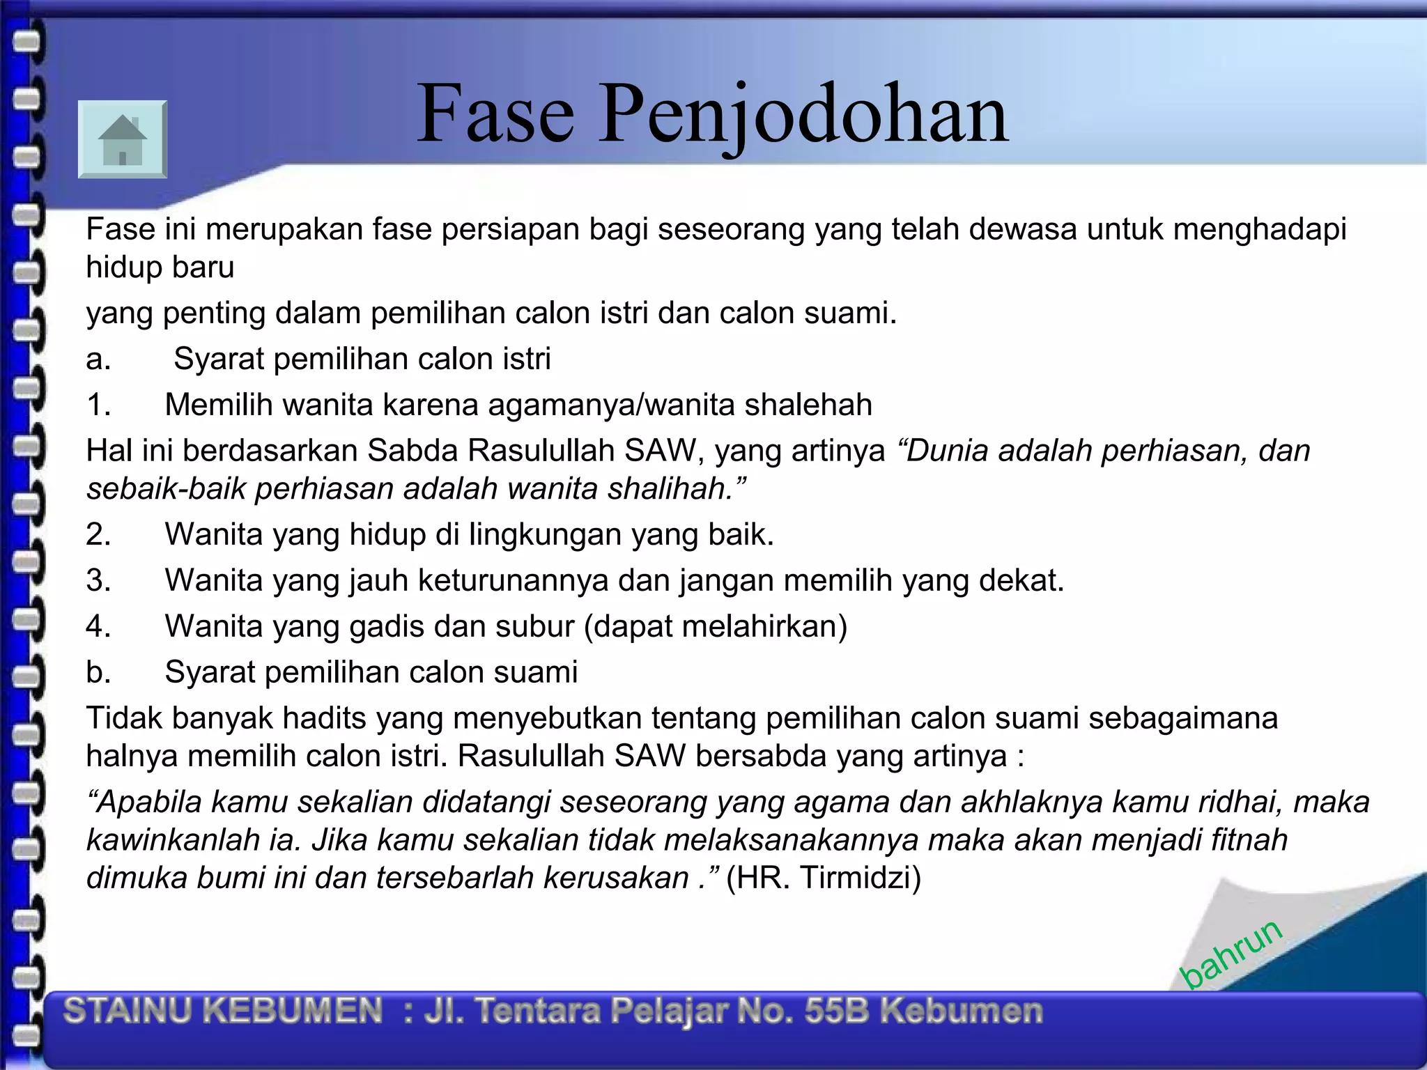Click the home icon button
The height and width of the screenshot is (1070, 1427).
point(123,139)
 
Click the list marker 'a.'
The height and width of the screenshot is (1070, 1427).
point(98,359)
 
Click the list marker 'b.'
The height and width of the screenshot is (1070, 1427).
point(98,672)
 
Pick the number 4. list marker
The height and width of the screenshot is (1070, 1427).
point(98,626)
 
